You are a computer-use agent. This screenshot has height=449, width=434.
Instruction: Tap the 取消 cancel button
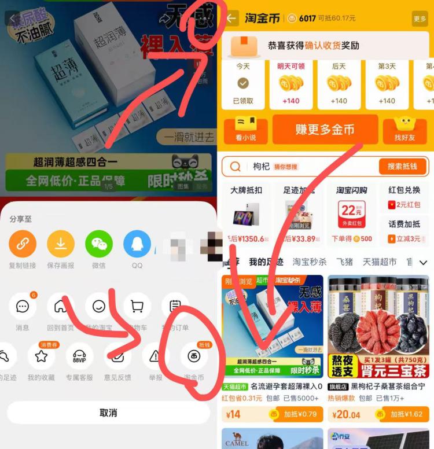pos(108,413)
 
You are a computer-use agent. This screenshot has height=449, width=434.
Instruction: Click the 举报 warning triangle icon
pos(156,357)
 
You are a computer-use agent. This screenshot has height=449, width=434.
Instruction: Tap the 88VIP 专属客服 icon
pos(79,357)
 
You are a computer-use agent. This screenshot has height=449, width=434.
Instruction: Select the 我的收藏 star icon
pos(41,357)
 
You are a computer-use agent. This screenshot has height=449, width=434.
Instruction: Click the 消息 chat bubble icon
pos(23,307)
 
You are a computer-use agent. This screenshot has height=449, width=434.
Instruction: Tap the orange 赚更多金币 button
pos(325,130)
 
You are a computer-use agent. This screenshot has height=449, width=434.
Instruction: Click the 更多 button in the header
pos(420,19)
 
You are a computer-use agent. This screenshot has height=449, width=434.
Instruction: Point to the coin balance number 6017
pos(307,19)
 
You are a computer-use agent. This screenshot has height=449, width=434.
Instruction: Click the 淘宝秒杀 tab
pos(309,262)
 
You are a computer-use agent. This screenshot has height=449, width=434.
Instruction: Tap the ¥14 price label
pos(233,414)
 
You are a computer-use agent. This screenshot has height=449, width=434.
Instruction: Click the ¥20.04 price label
pos(347,414)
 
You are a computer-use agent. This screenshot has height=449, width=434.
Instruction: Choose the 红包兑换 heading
pos(404,190)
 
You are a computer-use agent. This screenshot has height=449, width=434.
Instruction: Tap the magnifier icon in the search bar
pos(236,167)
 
